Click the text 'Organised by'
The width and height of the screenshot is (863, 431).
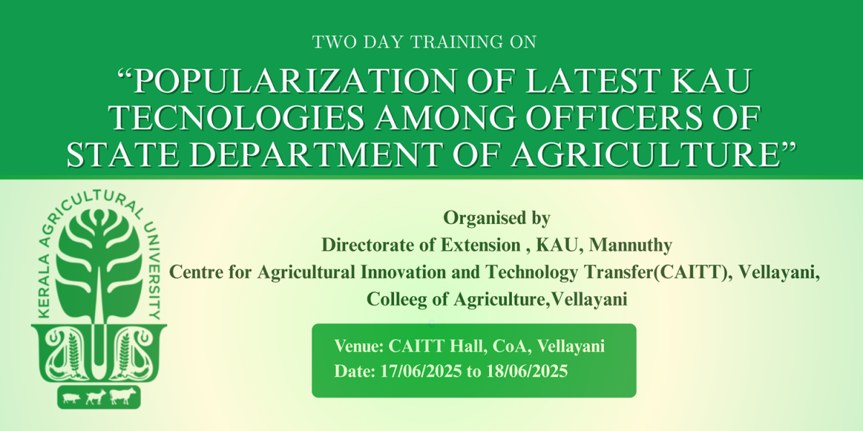point(497,218)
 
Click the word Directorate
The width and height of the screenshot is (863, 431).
point(379,245)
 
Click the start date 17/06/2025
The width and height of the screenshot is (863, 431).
point(421,371)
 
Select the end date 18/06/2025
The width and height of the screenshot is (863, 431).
point(527,371)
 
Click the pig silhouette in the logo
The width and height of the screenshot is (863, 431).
point(70,398)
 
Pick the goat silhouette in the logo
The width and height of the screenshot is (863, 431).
point(96,397)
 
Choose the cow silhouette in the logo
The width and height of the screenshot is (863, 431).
point(122,397)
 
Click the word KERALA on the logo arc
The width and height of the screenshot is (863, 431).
point(45,286)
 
